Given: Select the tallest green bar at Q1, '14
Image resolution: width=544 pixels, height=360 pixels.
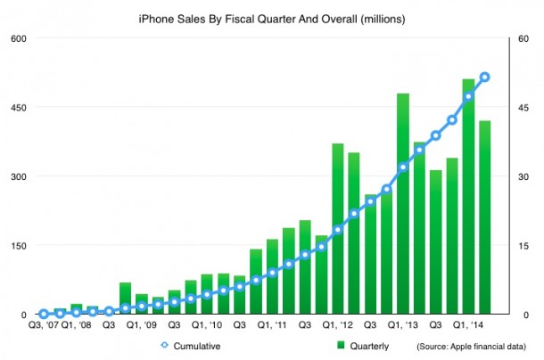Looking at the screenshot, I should pos(468,196).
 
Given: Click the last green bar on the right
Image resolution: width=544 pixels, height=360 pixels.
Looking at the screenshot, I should pos(485,217).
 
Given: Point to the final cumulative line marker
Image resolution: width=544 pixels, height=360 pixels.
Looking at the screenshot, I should pos(485,77).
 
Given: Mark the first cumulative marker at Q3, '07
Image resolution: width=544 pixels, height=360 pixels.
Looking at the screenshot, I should pos(44,314).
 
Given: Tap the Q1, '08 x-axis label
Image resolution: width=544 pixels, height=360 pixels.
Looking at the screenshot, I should pos(76,326).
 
